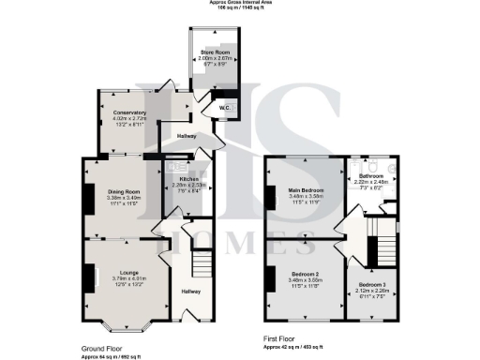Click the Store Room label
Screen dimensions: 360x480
[216, 53]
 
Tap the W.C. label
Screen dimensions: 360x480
[226, 106]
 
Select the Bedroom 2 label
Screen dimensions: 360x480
[299, 275]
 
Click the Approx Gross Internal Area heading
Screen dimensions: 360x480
[240, 3]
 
